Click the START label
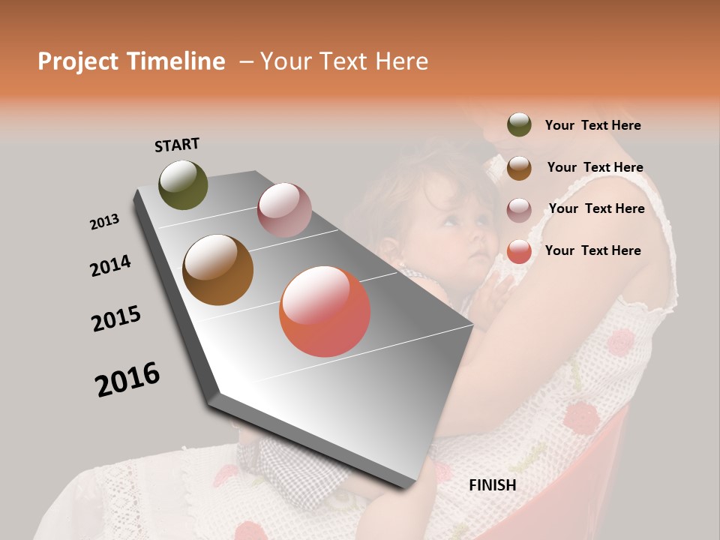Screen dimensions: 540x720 tap(177, 145)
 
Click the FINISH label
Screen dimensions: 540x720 tap(492, 485)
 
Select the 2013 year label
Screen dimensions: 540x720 tap(104, 222)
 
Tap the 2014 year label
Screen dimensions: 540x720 tap(110, 265)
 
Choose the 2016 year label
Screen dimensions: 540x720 tap(127, 379)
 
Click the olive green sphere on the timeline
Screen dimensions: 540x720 tap(183, 184)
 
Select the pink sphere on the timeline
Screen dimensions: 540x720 tap(284, 210)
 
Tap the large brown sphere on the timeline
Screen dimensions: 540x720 tap(217, 270)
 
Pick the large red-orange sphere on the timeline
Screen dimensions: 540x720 tap(325, 311)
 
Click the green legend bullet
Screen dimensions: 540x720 tap(519, 124)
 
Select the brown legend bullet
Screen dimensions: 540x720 tap(519, 167)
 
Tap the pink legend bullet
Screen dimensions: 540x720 tap(519, 209)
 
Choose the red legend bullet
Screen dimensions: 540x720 tap(519, 251)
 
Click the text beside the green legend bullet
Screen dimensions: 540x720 tap(592, 125)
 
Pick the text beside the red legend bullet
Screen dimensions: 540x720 tap(592, 250)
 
